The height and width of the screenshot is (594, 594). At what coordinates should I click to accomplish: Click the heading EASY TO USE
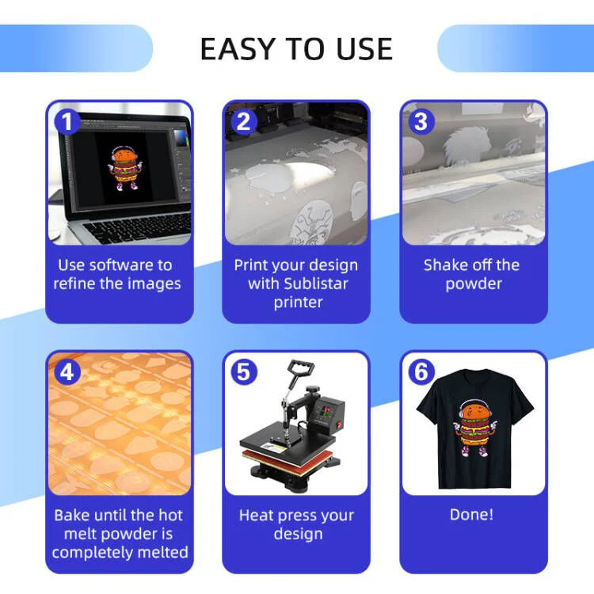(296, 49)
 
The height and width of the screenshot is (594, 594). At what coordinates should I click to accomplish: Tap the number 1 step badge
(67, 122)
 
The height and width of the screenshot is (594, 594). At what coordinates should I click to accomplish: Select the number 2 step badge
(244, 122)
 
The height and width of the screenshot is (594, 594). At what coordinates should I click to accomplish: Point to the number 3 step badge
(421, 122)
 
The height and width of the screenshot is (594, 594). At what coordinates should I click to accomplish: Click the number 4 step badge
(67, 372)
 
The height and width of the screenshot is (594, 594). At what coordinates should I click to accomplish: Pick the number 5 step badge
(244, 372)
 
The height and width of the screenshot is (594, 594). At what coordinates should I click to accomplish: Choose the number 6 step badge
(421, 372)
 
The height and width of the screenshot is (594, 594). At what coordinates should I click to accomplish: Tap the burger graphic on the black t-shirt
(475, 428)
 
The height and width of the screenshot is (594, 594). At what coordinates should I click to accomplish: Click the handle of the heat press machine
(301, 367)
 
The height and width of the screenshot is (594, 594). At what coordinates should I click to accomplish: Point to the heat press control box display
(324, 410)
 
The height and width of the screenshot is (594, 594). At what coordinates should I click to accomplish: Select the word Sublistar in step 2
(316, 284)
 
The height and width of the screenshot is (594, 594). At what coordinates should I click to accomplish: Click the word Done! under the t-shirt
(472, 515)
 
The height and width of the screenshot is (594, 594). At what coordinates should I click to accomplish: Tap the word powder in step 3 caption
(474, 284)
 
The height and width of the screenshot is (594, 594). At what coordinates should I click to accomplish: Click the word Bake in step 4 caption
(71, 515)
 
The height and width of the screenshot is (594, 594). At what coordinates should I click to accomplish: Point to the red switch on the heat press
(339, 425)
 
